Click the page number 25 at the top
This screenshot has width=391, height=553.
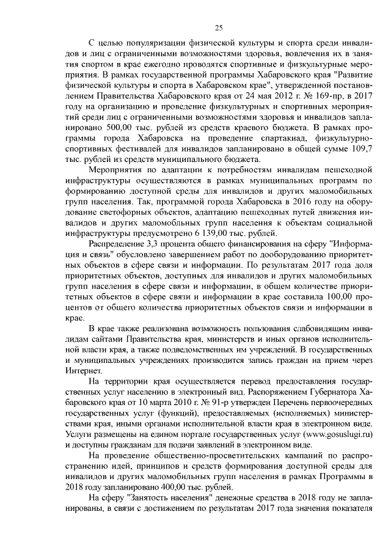tap(218, 27)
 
